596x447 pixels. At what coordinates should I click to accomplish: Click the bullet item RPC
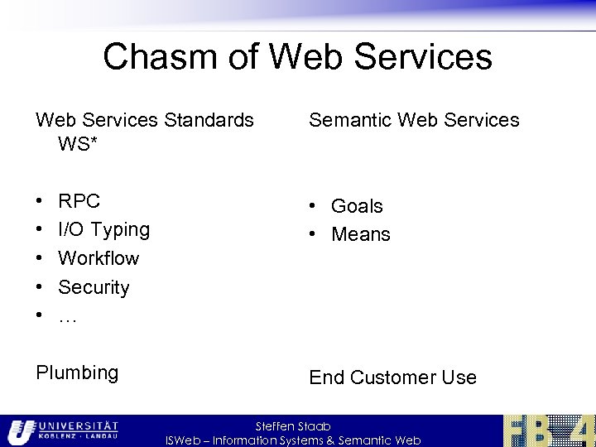(x=79, y=201)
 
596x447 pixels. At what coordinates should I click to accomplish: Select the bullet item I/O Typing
(x=103, y=230)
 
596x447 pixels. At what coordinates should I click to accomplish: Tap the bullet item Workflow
(x=99, y=258)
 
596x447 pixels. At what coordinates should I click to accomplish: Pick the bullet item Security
(x=94, y=287)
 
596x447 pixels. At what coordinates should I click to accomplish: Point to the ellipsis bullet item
(x=67, y=316)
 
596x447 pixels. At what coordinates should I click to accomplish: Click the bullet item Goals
(x=357, y=206)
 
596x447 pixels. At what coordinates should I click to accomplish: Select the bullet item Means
(x=360, y=234)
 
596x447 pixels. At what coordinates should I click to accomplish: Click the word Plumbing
(x=77, y=372)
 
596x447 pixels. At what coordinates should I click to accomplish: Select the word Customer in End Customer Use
(x=393, y=377)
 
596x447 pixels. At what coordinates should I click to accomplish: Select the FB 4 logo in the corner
(x=549, y=430)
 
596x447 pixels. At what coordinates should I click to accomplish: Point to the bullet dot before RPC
(x=41, y=201)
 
